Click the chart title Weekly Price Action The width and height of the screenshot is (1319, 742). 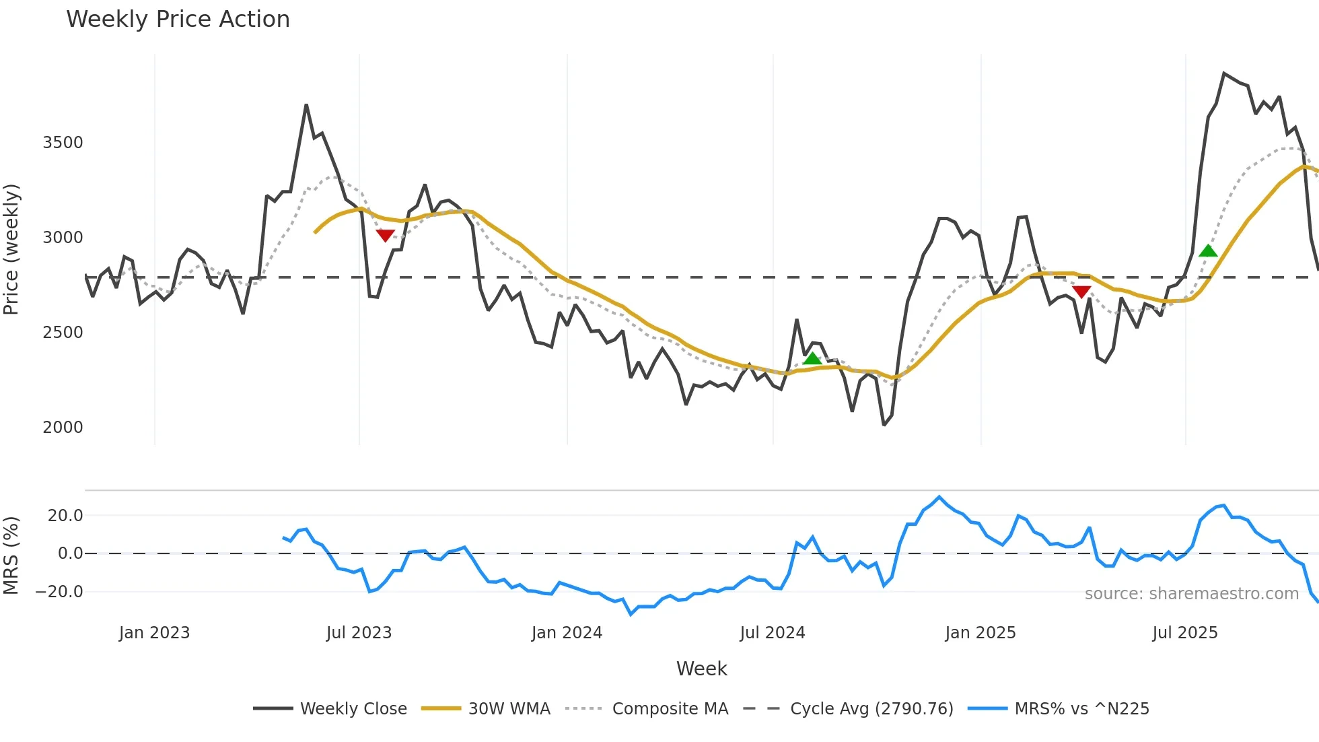point(178,20)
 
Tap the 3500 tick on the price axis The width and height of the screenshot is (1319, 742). point(63,143)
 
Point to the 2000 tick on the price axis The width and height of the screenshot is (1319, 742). point(63,428)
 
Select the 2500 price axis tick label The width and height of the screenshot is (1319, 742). point(63,333)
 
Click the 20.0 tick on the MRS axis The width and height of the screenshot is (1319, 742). point(65,516)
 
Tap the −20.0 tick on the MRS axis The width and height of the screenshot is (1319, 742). point(59,592)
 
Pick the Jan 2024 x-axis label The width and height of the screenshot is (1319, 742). point(567,633)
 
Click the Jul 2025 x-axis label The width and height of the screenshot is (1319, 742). point(1185,633)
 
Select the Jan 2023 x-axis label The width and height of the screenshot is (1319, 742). point(154,633)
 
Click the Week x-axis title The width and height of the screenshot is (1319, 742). point(701,669)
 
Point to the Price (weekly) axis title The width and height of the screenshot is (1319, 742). point(11,249)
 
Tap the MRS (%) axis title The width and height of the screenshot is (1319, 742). point(11,555)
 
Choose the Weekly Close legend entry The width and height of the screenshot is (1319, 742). point(353,709)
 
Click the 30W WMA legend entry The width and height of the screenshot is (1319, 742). point(509,709)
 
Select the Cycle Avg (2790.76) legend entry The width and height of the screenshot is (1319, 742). point(871,709)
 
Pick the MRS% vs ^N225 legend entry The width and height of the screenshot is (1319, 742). point(1081,709)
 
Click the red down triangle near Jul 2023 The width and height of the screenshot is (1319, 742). point(385,235)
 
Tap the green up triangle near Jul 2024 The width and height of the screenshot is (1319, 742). point(812,358)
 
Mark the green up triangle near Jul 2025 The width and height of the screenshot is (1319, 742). point(1208,251)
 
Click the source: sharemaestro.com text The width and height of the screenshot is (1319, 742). point(1191,594)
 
